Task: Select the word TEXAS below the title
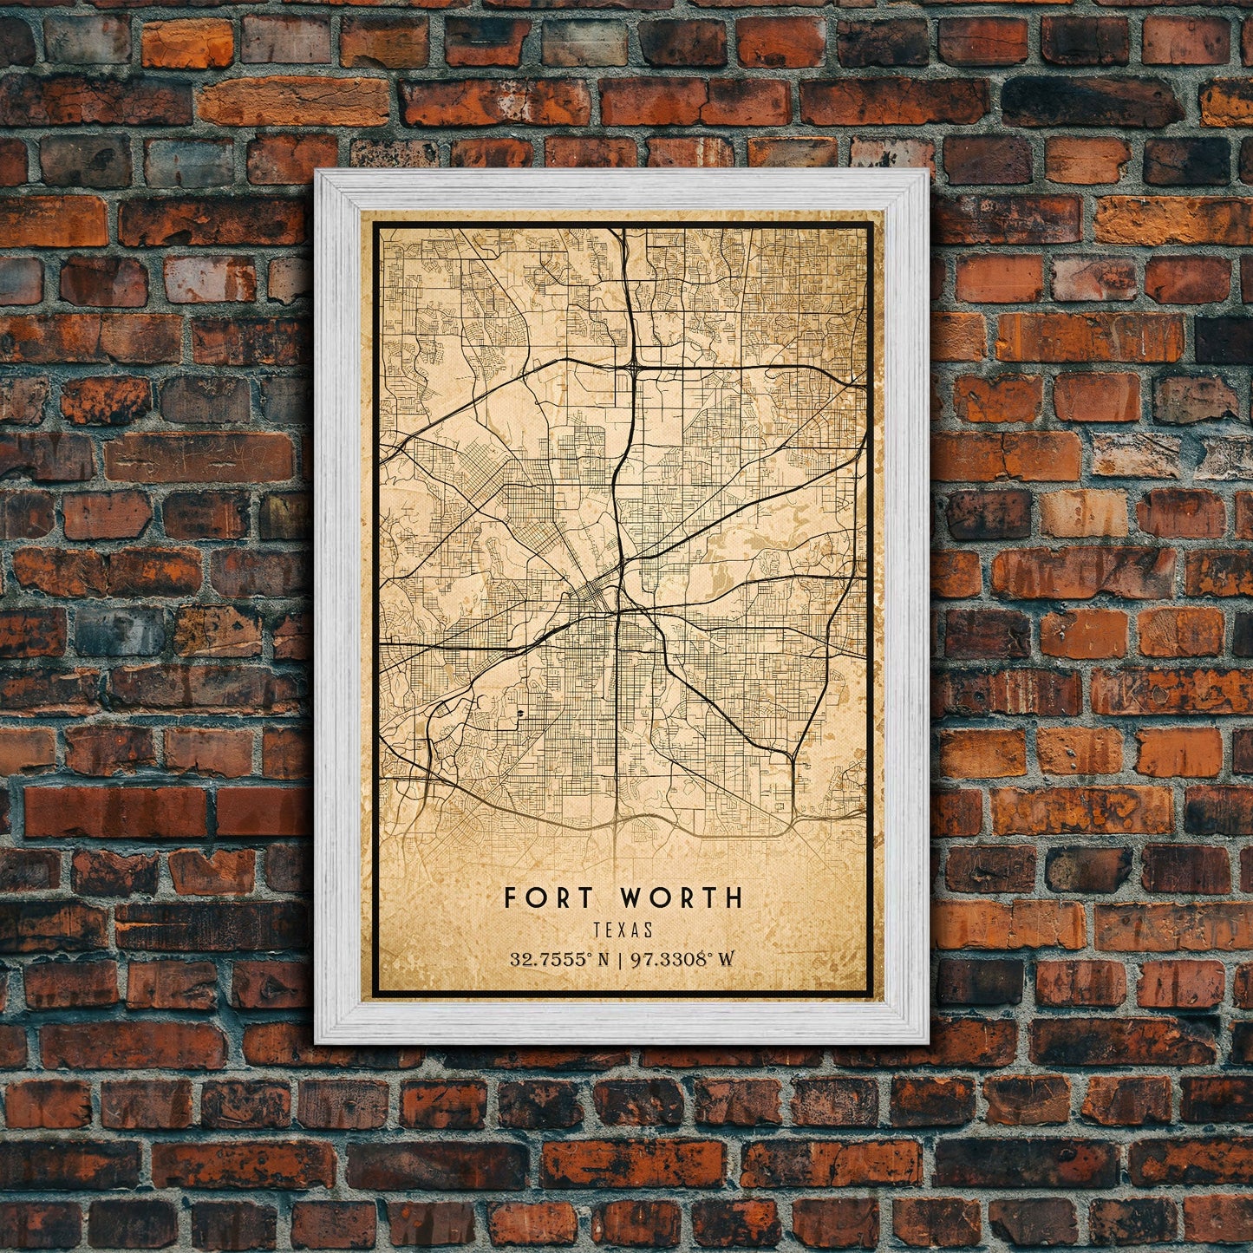623,930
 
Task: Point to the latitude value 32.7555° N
558,959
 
